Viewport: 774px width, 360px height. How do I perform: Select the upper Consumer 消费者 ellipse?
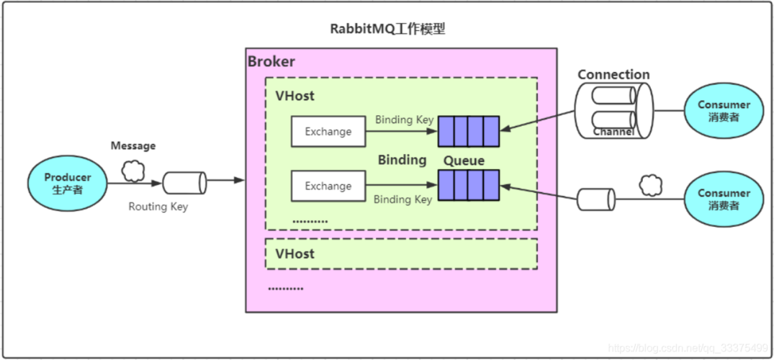(x=723, y=111)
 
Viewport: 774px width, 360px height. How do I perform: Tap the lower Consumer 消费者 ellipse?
(x=723, y=199)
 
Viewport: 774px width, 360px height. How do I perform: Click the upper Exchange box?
(x=328, y=132)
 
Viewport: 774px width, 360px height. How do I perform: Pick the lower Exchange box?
(x=328, y=186)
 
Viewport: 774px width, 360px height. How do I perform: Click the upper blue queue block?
(x=469, y=130)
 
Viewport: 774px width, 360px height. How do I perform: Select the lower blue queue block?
(x=469, y=185)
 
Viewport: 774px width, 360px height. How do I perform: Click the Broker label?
(x=271, y=61)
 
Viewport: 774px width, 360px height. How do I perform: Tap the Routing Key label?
(x=158, y=207)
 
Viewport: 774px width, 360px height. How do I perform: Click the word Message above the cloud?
(x=132, y=145)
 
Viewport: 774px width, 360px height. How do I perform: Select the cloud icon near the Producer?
(x=132, y=171)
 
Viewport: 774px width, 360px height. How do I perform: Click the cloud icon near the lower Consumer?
(x=650, y=186)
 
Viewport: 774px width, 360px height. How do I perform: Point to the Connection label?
(x=613, y=74)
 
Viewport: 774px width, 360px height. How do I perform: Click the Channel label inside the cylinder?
(x=613, y=132)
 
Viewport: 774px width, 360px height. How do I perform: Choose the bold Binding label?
(x=402, y=160)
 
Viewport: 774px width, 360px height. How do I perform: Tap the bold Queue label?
(x=464, y=160)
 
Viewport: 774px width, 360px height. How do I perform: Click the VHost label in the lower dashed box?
(x=294, y=253)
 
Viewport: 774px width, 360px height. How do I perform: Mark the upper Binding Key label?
(x=404, y=120)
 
